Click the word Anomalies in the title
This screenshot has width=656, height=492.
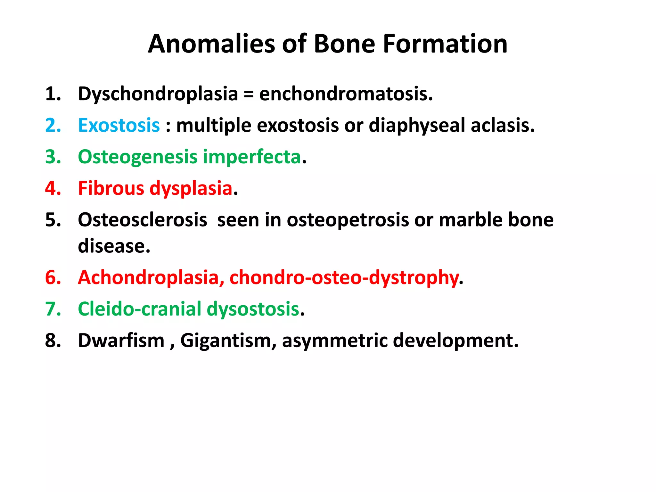tap(211, 44)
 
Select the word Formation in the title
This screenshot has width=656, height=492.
tap(445, 44)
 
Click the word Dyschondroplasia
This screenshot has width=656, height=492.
tap(158, 94)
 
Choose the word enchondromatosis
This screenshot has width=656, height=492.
tap(346, 94)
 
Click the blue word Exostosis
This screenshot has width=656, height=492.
tap(119, 125)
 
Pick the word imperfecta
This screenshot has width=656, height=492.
tap(252, 157)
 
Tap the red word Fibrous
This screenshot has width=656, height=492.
tap(111, 188)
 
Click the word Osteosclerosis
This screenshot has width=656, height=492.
tap(143, 220)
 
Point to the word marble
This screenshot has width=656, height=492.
tap(465, 220)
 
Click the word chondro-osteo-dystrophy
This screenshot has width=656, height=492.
tap(344, 277)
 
